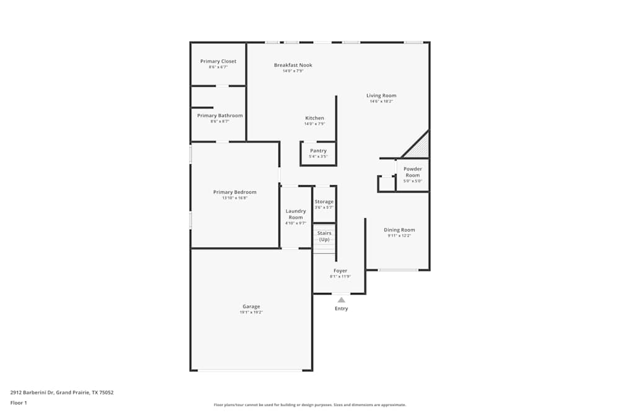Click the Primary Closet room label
point(218,61)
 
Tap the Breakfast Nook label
point(293,65)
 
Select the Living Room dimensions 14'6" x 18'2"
point(381,102)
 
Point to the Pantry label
point(318,150)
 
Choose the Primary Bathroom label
point(219,116)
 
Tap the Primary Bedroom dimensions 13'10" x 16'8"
point(234,198)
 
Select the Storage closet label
point(324,202)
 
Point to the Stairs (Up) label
point(324,236)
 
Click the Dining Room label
point(399,230)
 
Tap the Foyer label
point(340,271)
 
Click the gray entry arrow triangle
point(341,300)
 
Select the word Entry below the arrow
point(341,308)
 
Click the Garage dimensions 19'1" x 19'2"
point(251,313)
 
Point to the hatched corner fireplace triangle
point(420,148)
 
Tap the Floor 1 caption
point(19,402)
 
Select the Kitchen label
point(314,118)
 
